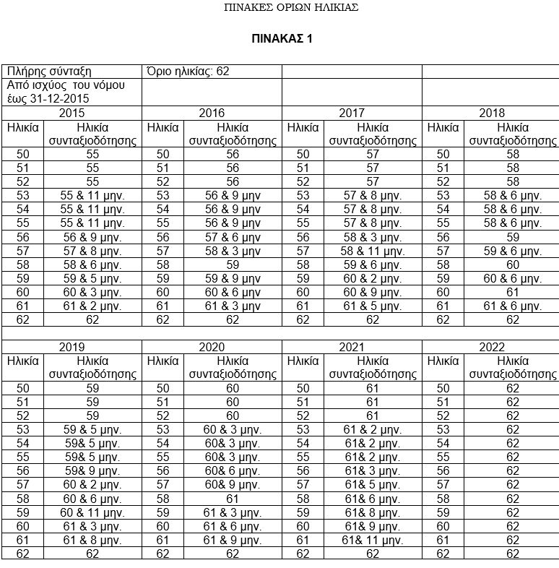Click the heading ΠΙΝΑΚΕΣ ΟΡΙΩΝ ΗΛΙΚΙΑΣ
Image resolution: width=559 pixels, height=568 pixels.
point(292,8)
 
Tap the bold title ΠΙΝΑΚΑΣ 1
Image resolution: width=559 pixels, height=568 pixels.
point(282,38)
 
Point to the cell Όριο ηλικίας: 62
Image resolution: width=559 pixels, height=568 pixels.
point(187,71)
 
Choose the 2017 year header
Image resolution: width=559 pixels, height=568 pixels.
point(351,113)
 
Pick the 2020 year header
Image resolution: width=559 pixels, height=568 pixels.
point(211,347)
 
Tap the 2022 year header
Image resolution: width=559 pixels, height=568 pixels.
point(491,347)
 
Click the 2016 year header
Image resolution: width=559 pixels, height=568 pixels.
point(211,113)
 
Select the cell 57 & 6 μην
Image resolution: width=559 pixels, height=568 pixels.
point(232,237)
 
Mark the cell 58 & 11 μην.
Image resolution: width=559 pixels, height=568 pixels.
point(372,251)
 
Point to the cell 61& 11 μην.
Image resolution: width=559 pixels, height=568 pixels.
point(373,540)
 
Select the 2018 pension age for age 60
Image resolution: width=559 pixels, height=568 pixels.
point(512,292)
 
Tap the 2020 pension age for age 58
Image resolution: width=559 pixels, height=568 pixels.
point(232,499)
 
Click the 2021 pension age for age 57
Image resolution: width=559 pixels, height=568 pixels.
point(373,485)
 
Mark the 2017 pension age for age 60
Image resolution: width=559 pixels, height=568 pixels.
point(372,292)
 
